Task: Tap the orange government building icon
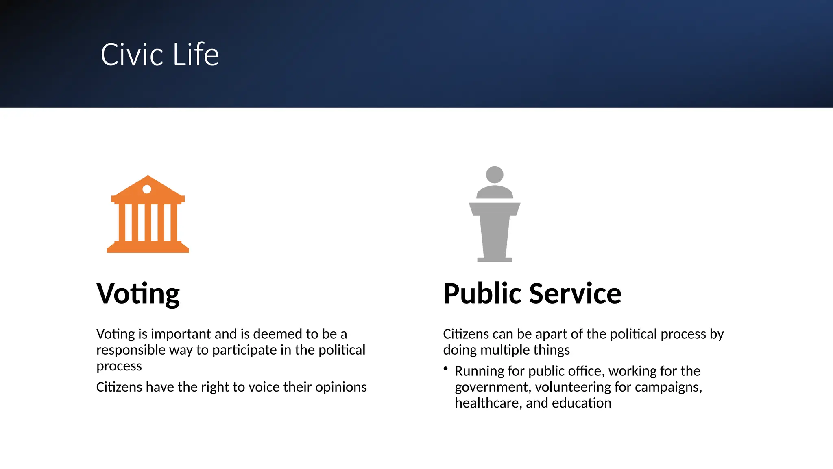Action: (x=148, y=215)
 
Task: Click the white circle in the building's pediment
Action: (x=147, y=189)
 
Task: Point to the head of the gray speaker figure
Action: (x=495, y=175)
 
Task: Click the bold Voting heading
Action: (x=138, y=294)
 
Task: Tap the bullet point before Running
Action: (x=446, y=369)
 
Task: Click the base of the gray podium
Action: (x=494, y=259)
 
